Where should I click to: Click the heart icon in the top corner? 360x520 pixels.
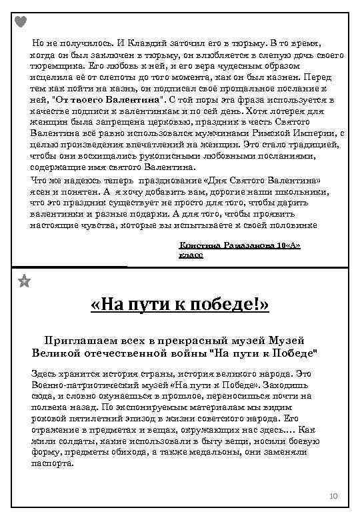pyautogui.click(x=21, y=21)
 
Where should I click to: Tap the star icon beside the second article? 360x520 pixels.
pyautogui.click(x=24, y=281)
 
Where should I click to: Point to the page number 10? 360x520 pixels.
pyautogui.click(x=334, y=497)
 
